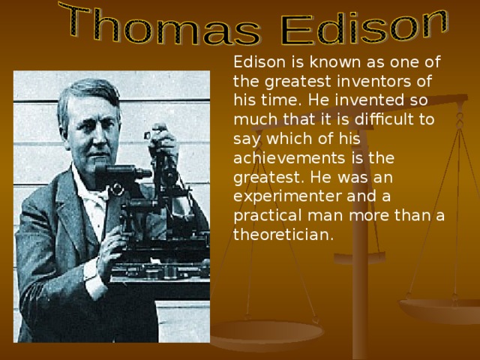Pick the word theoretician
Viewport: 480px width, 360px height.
click(x=280, y=235)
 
